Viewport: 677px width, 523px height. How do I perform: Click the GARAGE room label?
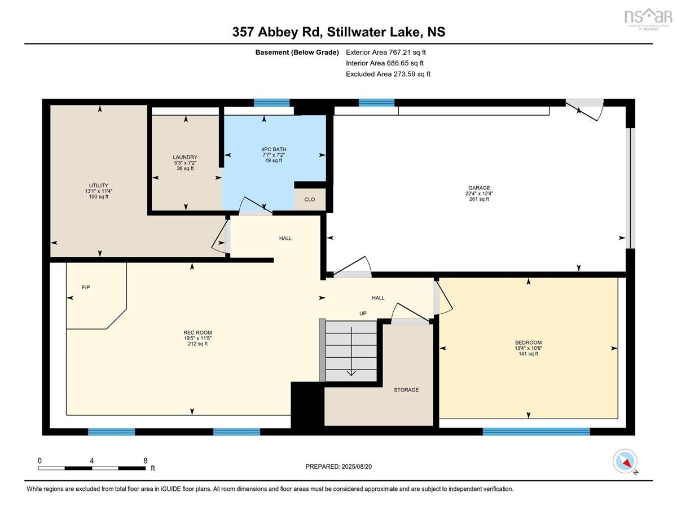coord(479,188)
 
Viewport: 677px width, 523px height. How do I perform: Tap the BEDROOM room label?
coord(528,342)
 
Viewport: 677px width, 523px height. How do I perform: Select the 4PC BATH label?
coord(274,150)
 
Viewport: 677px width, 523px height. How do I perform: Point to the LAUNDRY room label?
coord(185,157)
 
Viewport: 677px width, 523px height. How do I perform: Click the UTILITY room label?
coord(99,186)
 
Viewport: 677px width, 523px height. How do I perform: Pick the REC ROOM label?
coord(197,333)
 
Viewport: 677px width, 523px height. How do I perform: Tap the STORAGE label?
coord(406,390)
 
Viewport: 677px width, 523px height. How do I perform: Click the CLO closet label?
coord(310,199)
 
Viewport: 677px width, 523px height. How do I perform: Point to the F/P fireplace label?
coord(86,288)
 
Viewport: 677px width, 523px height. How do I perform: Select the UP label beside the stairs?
coord(363,313)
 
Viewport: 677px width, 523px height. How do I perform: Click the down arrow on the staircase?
coord(351,351)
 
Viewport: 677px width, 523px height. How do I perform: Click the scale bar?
coord(92,468)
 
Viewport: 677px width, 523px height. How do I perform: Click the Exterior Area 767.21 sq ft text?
coord(386,52)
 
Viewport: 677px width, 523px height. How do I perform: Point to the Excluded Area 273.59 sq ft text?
coord(388,74)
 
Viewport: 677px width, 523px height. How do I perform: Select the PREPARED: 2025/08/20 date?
coord(338,467)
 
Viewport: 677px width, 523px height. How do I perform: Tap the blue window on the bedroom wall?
coord(536,432)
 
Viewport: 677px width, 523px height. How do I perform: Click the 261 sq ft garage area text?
coord(479,199)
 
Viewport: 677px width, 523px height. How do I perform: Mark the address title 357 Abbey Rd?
coord(277,32)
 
